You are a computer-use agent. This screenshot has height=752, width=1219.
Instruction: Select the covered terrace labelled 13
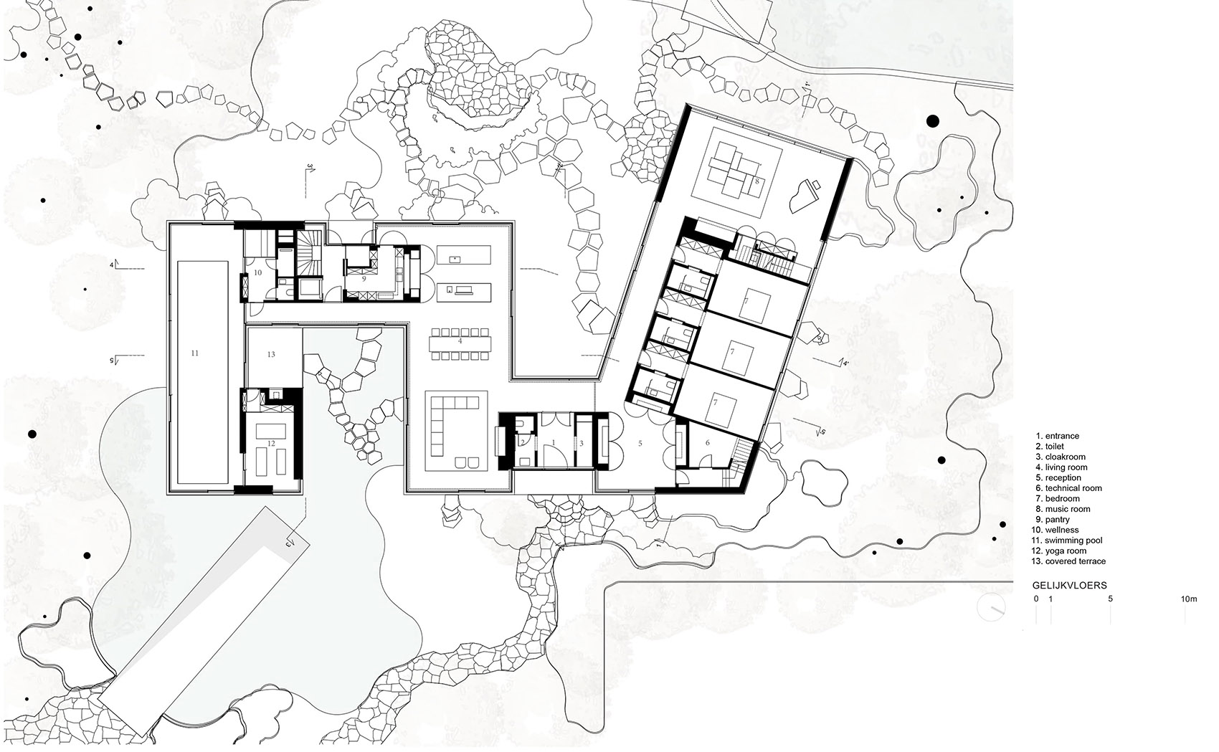271,354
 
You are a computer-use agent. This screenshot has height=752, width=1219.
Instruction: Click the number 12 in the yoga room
271,444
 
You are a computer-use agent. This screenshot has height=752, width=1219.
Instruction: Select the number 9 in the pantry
364,278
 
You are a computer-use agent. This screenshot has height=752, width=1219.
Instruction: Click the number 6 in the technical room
707,443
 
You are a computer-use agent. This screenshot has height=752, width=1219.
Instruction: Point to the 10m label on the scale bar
1188,598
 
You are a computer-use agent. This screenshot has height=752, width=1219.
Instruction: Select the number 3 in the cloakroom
581,444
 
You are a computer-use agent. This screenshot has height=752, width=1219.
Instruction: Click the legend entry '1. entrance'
1057,436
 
